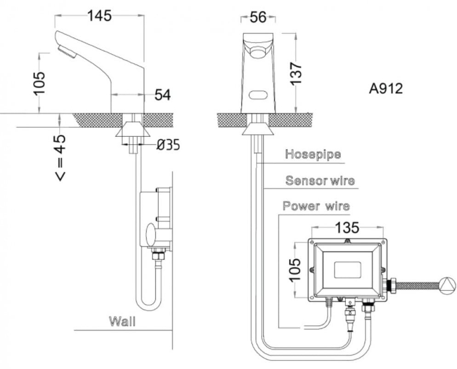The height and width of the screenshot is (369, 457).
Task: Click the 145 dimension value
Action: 99,16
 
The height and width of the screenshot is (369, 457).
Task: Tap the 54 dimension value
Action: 162,95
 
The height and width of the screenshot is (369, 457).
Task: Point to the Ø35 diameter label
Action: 168,144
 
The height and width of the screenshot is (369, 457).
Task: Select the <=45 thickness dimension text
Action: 60,157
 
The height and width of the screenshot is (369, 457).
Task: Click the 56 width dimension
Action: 258,17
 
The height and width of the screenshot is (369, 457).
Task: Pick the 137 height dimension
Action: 296,73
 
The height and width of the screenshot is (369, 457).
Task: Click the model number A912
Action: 386,89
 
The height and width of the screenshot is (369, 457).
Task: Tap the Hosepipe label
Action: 313,154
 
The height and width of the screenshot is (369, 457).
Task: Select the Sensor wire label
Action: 320,180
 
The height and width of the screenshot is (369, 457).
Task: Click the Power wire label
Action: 316,206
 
